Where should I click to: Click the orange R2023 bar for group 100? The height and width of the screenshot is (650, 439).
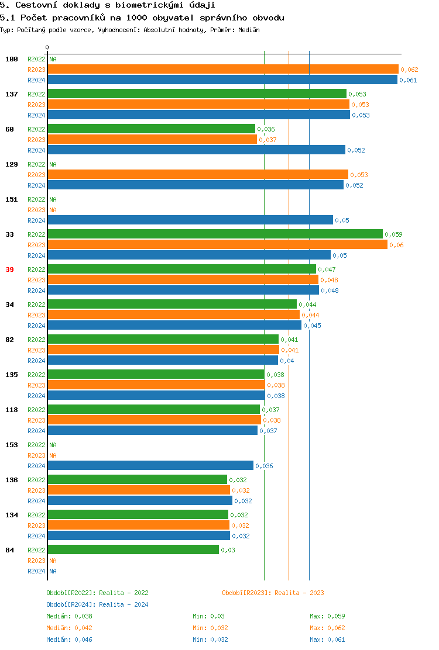[x=222, y=70]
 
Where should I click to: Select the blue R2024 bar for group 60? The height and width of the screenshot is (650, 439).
[x=196, y=150]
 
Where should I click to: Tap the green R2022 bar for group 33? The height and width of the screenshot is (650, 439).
[x=215, y=234]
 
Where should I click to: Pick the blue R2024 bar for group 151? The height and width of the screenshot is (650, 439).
[x=190, y=220]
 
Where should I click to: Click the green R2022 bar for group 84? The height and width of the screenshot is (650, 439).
[x=133, y=550]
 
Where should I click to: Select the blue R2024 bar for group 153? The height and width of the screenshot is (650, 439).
[x=150, y=466]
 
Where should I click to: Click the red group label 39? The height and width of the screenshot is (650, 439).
[x=9, y=269]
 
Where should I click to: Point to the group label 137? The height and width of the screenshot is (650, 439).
[x=12, y=94]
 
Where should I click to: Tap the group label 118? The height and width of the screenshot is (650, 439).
[x=12, y=410]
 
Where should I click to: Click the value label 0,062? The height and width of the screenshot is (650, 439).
[x=409, y=70]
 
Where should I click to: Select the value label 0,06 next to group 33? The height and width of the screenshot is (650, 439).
[x=396, y=245]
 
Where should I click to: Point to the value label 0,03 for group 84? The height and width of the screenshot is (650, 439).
[x=228, y=550]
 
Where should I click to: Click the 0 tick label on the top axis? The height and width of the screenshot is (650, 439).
[x=47, y=47]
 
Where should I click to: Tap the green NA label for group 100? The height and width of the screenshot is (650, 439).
[x=53, y=59]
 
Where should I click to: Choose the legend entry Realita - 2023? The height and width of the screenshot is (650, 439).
[x=273, y=593]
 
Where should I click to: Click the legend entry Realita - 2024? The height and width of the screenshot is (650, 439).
[x=97, y=604]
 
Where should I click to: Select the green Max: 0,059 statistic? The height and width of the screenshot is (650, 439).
[x=327, y=616]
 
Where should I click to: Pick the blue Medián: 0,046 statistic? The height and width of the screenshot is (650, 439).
[x=69, y=639]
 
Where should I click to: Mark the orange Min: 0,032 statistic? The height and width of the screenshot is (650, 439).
[x=210, y=628]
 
